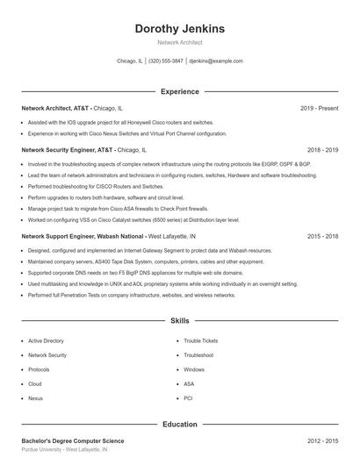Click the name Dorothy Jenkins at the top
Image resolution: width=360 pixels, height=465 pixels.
click(179, 29)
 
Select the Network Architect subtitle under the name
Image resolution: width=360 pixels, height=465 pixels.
click(179, 42)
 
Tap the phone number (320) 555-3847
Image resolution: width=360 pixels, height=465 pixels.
click(166, 61)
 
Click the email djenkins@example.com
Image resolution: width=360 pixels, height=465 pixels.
click(216, 61)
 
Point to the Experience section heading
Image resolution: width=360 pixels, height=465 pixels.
click(179, 91)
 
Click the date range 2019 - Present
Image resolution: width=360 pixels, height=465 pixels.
click(319, 109)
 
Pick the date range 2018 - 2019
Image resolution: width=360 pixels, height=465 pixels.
click(322, 150)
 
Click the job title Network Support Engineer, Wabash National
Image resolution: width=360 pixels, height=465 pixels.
click(83, 236)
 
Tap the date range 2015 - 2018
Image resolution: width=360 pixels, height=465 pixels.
click(322, 236)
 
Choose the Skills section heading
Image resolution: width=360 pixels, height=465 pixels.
click(179, 321)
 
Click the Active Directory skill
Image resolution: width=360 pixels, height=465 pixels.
click(46, 340)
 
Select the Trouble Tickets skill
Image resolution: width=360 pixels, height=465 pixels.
click(201, 340)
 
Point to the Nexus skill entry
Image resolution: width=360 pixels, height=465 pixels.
click(35, 398)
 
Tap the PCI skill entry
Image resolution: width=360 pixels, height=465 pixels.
click(188, 398)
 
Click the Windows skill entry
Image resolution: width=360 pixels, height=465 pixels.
click(194, 369)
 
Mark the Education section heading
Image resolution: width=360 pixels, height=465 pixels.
click(179, 425)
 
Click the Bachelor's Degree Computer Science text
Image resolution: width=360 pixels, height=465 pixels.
click(73, 440)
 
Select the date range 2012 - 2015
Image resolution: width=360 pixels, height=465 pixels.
click(322, 440)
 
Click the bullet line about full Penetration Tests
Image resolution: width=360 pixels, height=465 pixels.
click(131, 296)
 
